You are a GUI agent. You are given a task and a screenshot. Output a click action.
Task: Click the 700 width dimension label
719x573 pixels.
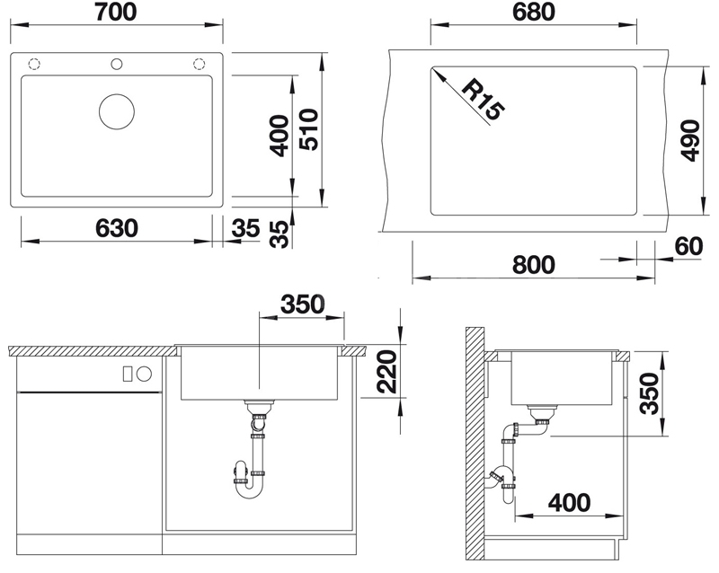116,12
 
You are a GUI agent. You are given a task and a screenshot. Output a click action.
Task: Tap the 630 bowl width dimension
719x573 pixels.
117,228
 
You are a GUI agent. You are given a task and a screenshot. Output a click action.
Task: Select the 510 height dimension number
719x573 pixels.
309,129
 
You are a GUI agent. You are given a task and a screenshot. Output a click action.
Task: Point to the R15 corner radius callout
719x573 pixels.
483,100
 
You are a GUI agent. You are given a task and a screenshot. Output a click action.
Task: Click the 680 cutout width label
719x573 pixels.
534,12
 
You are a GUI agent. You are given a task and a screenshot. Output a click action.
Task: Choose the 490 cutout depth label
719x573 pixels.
690,141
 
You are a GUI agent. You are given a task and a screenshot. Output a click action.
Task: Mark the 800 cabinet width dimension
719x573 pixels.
533,265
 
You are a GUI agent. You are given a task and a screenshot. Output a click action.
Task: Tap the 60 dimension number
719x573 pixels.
688,246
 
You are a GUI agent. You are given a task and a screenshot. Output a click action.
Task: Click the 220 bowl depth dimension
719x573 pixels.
386,371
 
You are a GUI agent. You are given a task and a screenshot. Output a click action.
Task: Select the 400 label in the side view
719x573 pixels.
569,502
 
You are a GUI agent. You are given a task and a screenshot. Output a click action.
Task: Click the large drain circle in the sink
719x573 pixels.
117,111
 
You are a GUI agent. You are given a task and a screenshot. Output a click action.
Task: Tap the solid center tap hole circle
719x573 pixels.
117,64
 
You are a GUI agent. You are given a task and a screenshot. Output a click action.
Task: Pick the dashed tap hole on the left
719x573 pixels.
34,64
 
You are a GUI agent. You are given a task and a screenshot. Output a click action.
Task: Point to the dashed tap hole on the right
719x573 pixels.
199,64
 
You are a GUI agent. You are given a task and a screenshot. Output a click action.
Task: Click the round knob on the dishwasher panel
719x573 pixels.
145,374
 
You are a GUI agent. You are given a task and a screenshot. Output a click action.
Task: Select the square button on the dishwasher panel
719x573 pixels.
128,374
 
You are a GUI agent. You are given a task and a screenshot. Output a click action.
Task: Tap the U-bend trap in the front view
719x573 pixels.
248,494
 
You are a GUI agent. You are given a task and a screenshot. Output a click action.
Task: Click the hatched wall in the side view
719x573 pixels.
475,444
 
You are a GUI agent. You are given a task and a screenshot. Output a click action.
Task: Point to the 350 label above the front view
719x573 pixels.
303,304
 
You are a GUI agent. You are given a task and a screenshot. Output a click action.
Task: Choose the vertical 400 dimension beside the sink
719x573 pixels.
280,136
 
